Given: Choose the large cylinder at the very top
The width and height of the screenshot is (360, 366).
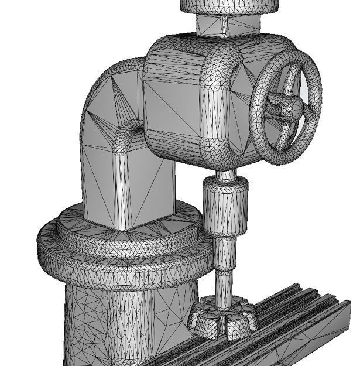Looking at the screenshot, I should tap(228, 5).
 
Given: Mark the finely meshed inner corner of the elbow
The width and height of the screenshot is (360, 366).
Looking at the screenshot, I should tap(129, 138).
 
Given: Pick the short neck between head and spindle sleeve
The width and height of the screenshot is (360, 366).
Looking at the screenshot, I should tap(225, 174).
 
